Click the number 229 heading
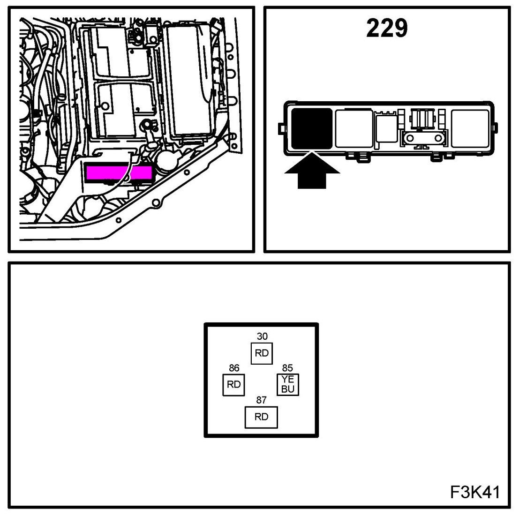tap(387, 29)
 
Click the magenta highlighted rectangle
tap(119, 173)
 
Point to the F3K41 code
tap(474, 492)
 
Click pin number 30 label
tap(262, 336)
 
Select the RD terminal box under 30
tap(262, 353)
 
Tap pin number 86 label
tap(233, 368)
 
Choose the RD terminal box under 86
tap(233, 385)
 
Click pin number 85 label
tap(287, 368)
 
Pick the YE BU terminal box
tap(288, 385)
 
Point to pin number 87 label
tap(261, 400)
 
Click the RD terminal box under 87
tap(261, 417)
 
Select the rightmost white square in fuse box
tap(469, 127)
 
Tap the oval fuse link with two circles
tap(424, 139)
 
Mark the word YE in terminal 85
tap(288, 381)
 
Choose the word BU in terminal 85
tap(288, 389)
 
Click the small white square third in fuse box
tap(385, 127)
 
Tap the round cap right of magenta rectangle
tap(166, 162)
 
